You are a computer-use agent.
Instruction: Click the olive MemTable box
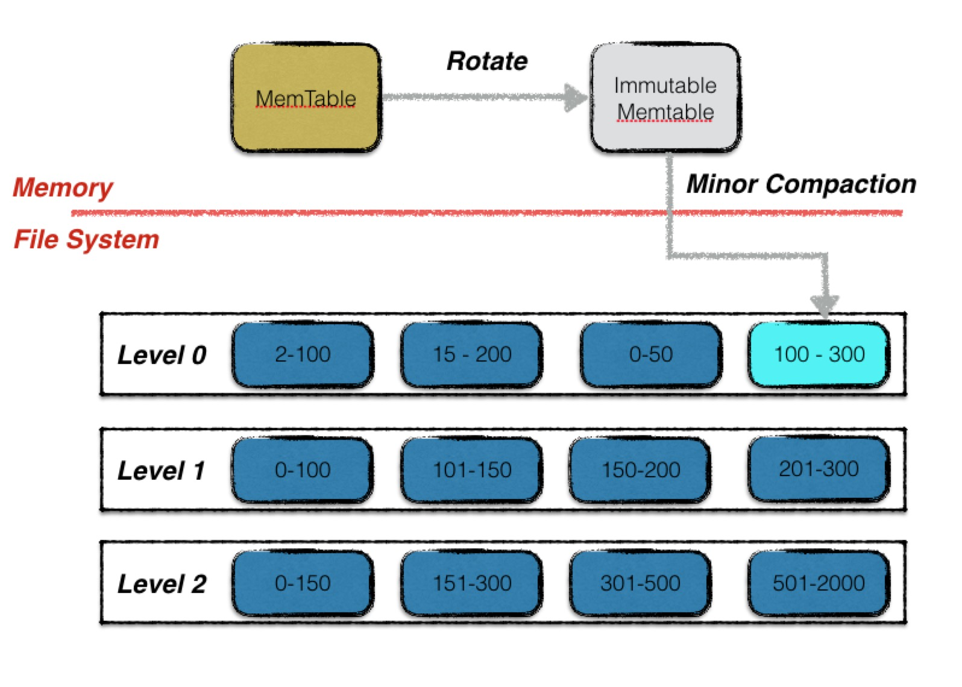[306, 98]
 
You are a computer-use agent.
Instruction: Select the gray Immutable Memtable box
[665, 98]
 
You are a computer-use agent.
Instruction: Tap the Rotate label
[487, 61]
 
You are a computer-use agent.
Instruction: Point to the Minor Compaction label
[802, 184]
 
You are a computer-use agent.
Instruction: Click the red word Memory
[63, 187]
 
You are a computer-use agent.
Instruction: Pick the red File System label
[86, 239]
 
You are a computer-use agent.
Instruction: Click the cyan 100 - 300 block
[819, 355]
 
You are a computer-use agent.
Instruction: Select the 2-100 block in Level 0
[303, 355]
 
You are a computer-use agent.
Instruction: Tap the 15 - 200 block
[471, 355]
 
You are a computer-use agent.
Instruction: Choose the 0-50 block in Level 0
[651, 355]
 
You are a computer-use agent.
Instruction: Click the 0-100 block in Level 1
[303, 469]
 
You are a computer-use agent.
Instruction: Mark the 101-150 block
[471, 469]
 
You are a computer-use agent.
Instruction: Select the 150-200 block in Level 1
[640, 469]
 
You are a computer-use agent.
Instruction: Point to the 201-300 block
[819, 469]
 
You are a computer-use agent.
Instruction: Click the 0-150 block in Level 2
[303, 583]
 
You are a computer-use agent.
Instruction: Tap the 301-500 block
[640, 583]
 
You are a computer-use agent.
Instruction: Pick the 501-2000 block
[819, 583]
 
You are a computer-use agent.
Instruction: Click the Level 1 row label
[161, 471]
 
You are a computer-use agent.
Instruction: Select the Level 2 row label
[162, 585]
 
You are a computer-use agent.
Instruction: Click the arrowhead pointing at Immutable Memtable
[576, 98]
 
